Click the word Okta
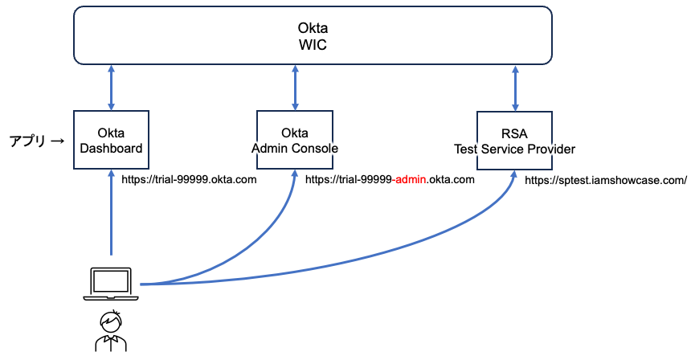(295, 133)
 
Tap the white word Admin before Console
(268, 149)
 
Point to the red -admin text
(409, 179)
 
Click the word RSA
(514, 133)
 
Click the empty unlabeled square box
(111, 140)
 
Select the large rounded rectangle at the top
(313, 35)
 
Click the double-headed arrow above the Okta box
(295, 88)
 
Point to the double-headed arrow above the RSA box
(515, 88)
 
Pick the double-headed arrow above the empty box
(111, 88)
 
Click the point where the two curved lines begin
(142, 284)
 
